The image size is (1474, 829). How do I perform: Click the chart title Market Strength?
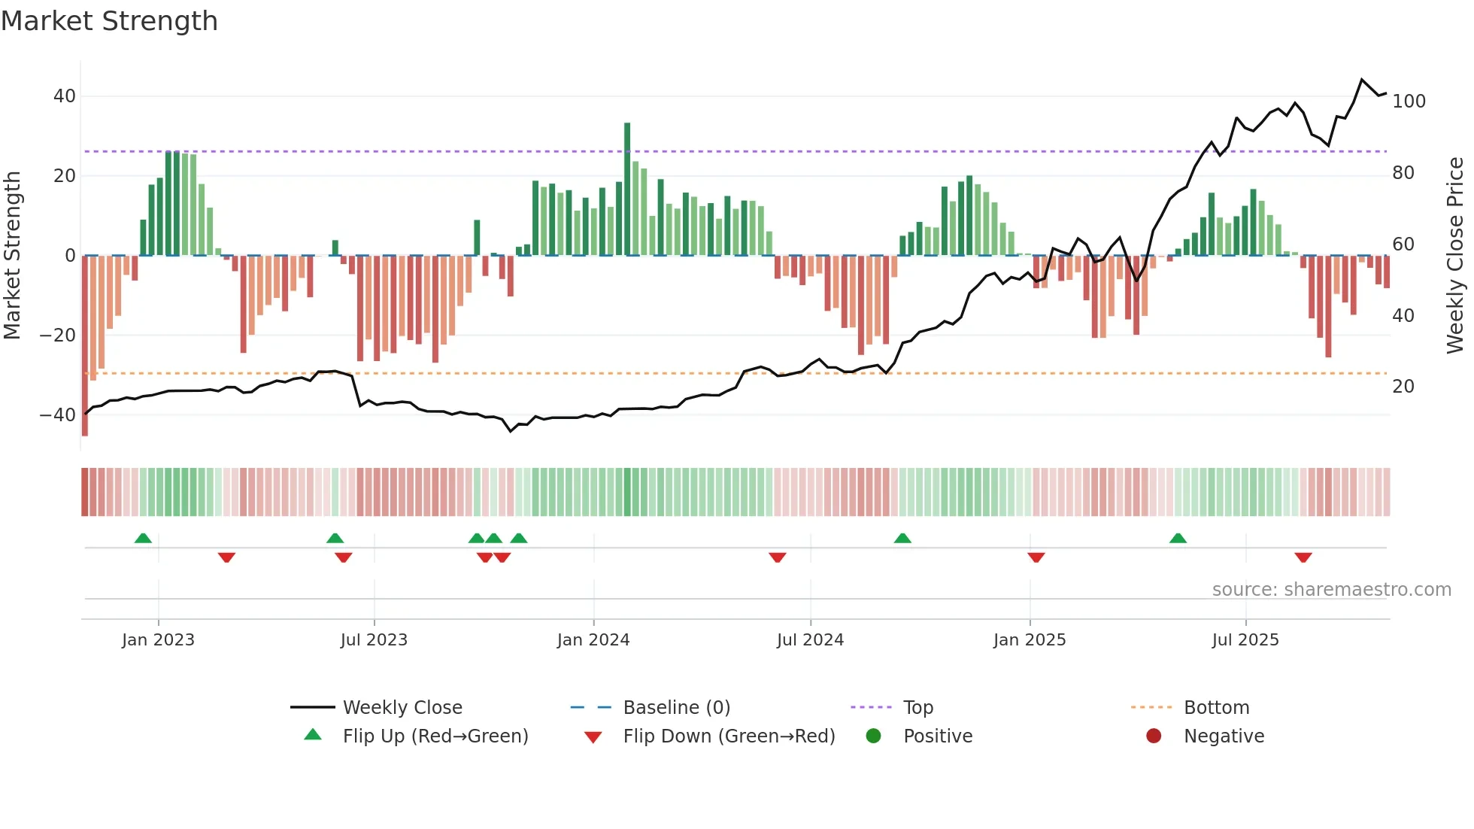[x=109, y=21]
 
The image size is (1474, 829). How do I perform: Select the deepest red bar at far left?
[x=85, y=346]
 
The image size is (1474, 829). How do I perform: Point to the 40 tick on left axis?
[x=65, y=96]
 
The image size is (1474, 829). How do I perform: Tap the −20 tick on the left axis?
[x=58, y=336]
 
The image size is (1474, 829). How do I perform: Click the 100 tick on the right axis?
[x=1409, y=102]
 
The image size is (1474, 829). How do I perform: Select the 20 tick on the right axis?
[x=1403, y=387]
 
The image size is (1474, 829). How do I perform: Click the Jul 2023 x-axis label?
[x=374, y=640]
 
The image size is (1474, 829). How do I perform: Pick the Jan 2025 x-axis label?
[x=1030, y=640]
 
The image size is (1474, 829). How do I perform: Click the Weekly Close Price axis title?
[x=1456, y=256]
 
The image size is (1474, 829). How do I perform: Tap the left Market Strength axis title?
[x=12, y=256]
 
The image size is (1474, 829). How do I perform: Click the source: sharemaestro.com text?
[x=1331, y=590]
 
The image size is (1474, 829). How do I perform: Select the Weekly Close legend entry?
[x=402, y=708]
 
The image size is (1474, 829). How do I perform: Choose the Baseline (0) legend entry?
[x=676, y=708]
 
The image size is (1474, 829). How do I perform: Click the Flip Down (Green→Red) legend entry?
[x=728, y=736]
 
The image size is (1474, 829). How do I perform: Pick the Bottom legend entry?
[x=1216, y=708]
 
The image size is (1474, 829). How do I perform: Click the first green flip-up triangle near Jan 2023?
[x=143, y=538]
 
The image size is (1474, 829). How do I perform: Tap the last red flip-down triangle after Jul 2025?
[x=1303, y=557]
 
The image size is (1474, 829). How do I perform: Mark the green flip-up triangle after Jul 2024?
[x=902, y=538]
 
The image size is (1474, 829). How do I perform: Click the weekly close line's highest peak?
[x=1362, y=80]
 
